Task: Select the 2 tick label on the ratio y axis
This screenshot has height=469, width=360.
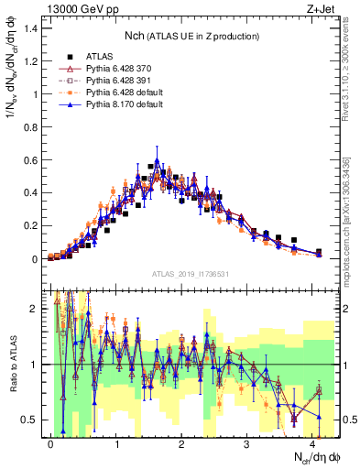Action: [37, 309]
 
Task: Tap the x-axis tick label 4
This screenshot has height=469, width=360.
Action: [313, 442]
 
